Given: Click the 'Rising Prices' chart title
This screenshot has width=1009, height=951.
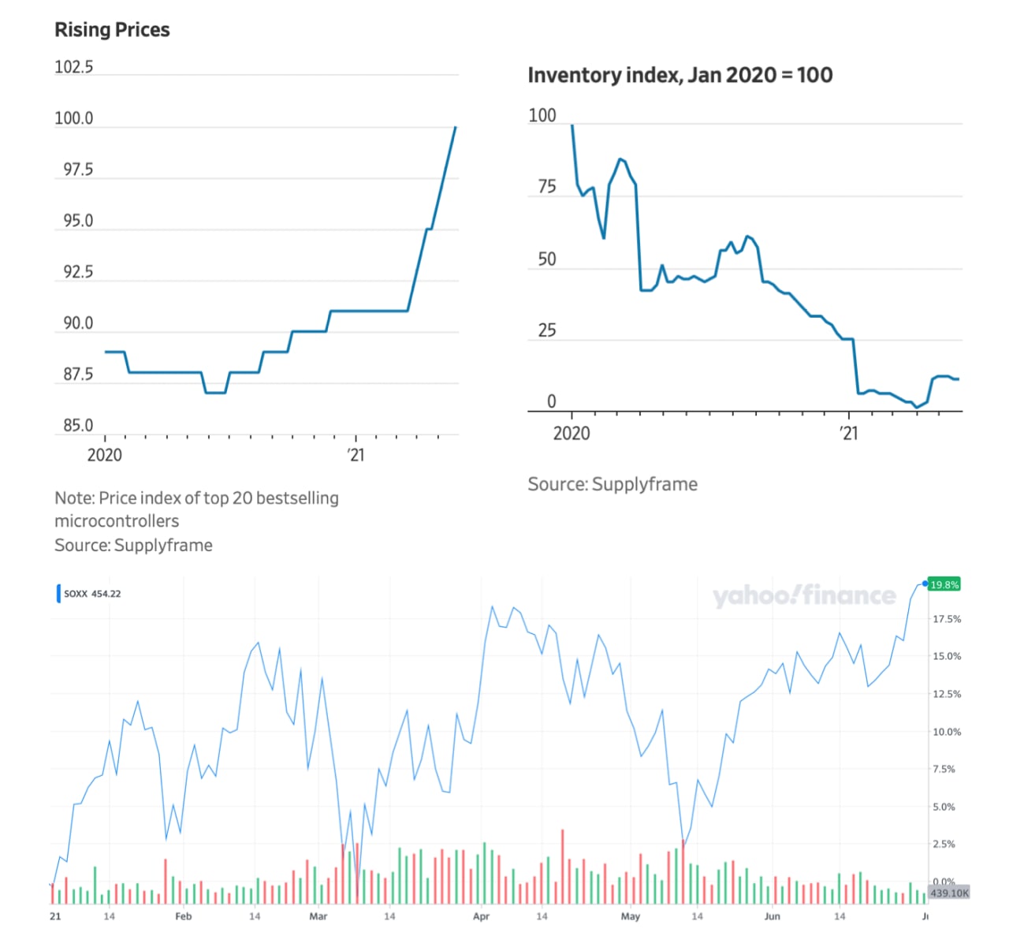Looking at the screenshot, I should pyautogui.click(x=112, y=30).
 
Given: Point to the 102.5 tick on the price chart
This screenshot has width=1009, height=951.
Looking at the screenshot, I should pyautogui.click(x=73, y=67).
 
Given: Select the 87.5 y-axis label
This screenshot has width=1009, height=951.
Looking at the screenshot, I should pyautogui.click(x=78, y=375).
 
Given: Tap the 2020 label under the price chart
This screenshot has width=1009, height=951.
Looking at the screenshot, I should pyautogui.click(x=104, y=455).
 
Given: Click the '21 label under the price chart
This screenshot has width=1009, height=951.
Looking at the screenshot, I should pyautogui.click(x=356, y=455).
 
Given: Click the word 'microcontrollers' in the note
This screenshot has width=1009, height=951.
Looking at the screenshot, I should pyautogui.click(x=117, y=521).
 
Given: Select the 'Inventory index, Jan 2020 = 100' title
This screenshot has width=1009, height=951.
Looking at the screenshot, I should pyautogui.click(x=679, y=76).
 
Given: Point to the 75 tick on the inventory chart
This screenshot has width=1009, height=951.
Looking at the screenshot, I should pyautogui.click(x=547, y=187).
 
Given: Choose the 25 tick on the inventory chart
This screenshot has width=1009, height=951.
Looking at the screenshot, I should pyautogui.click(x=547, y=330).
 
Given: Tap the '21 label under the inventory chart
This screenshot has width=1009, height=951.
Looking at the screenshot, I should pyautogui.click(x=848, y=433).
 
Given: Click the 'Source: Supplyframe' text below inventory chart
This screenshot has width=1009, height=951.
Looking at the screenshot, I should pyautogui.click(x=612, y=484).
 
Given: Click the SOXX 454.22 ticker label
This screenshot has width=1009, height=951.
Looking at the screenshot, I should pyautogui.click(x=92, y=594).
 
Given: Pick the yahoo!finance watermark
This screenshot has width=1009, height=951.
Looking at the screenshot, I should pyautogui.click(x=804, y=595).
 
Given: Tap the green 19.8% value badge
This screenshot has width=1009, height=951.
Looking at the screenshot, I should pyautogui.click(x=944, y=584).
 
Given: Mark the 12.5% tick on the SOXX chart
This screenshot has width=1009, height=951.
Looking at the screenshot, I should pyautogui.click(x=947, y=694).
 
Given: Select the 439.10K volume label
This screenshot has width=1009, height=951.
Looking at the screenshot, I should pyautogui.click(x=949, y=893).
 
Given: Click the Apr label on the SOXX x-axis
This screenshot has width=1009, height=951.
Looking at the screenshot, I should pyautogui.click(x=481, y=916).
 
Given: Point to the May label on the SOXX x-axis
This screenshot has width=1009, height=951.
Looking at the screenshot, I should pyautogui.click(x=631, y=916).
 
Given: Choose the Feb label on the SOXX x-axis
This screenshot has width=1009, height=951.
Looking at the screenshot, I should pyautogui.click(x=183, y=916).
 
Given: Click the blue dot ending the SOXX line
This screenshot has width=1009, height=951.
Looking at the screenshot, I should pyautogui.click(x=925, y=584).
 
